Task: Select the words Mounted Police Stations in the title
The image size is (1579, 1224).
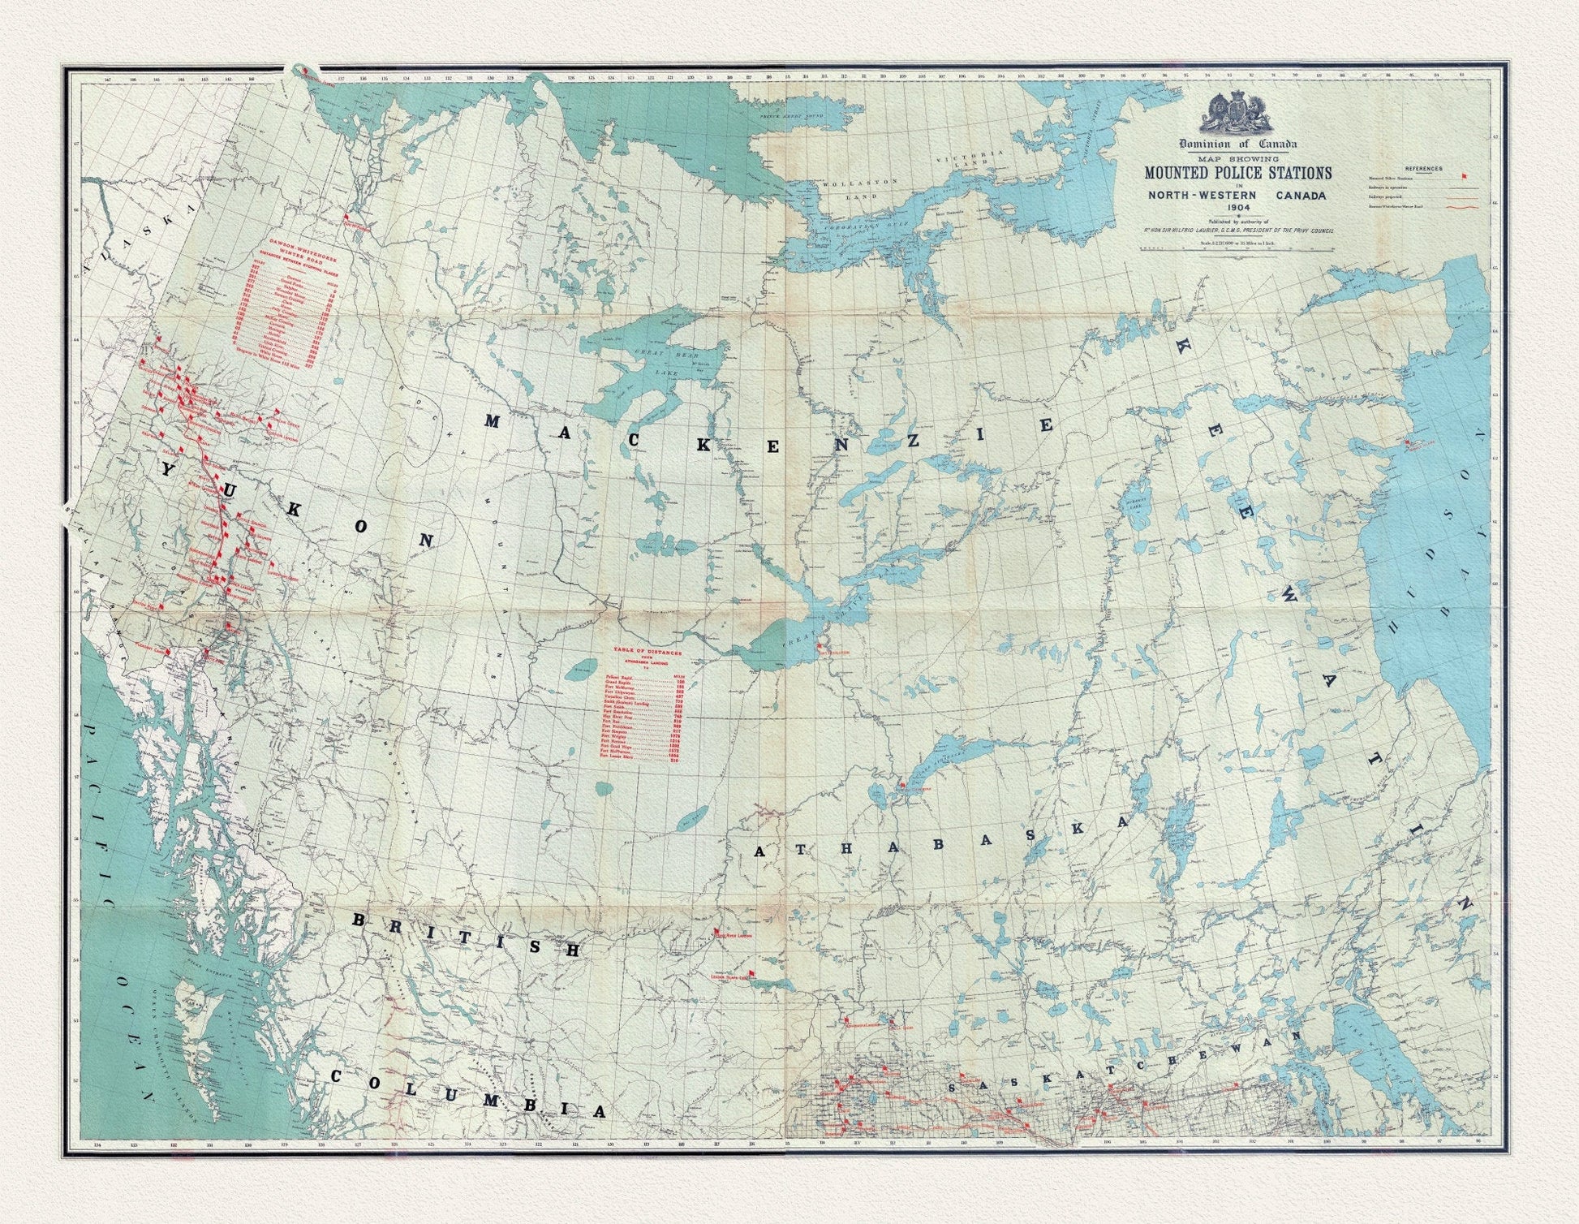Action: coord(1237,173)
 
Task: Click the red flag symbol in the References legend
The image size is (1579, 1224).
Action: coord(1464,176)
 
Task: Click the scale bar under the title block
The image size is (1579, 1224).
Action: coord(1237,248)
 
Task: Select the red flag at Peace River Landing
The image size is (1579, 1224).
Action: coord(716,931)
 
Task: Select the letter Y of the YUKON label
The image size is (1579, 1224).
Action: coord(168,470)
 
